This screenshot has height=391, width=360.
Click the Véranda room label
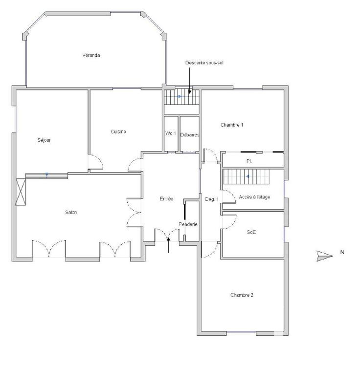pyautogui.click(x=91, y=55)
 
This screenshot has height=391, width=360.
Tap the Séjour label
pyautogui.click(x=44, y=140)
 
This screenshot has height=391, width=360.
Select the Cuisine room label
pyautogui.click(x=118, y=131)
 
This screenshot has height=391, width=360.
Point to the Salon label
pyautogui.click(x=71, y=212)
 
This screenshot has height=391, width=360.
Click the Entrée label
pyautogui.click(x=166, y=199)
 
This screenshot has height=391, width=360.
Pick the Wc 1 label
pyautogui.click(x=170, y=134)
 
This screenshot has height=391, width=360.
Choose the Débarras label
pyautogui.click(x=189, y=135)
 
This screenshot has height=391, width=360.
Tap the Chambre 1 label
pyautogui.click(x=232, y=125)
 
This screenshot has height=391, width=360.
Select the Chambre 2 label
pyautogui.click(x=242, y=295)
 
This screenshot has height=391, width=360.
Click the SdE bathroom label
pyautogui.click(x=251, y=233)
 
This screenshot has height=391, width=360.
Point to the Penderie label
pyautogui.click(x=188, y=224)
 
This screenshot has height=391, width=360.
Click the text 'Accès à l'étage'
pyautogui.click(x=254, y=197)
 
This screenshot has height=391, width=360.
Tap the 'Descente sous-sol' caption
pyautogui.click(x=204, y=63)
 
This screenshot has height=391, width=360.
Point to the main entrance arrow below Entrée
pyautogui.click(x=169, y=244)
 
